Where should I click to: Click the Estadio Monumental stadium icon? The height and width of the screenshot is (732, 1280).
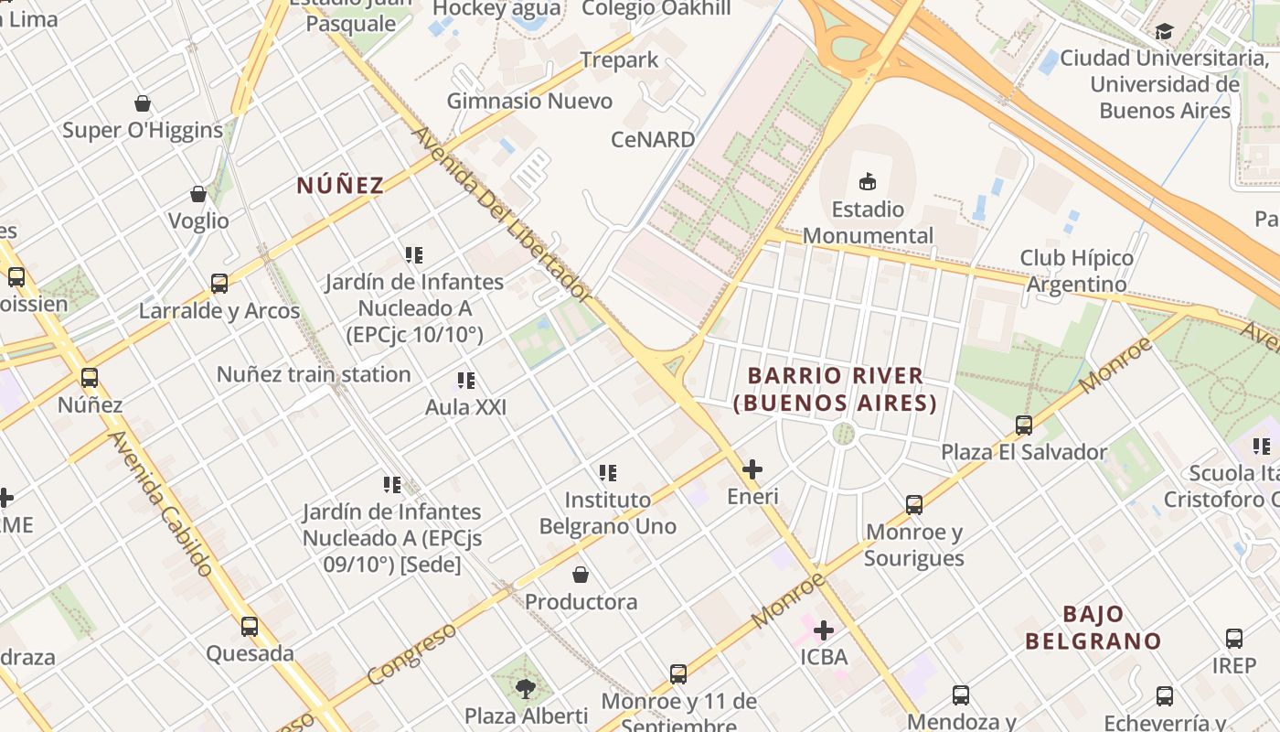pos(868,181)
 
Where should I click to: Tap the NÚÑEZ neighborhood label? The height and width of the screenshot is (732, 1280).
pos(340,186)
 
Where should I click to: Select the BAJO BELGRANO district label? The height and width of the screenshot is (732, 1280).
pos(1093,628)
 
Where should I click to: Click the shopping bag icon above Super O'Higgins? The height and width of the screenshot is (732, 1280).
pos(143,103)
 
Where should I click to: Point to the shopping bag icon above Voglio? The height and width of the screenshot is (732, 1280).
pos(198,194)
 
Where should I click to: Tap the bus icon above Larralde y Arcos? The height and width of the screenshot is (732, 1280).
pos(219,284)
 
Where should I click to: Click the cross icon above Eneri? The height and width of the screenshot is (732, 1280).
pos(752,470)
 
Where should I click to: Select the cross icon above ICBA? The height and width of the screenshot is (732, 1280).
pos(824,630)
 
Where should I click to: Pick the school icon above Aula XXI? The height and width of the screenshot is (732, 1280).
pos(466,381)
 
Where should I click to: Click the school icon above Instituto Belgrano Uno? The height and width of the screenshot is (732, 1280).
pos(608,473)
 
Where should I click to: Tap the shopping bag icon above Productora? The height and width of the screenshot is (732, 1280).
pos(581,575)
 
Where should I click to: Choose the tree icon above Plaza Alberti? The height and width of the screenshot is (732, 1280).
pos(526,688)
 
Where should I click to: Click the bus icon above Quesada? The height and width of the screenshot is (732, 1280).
pos(250,627)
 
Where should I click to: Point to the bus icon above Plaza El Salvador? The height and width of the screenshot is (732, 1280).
pos(1024,425)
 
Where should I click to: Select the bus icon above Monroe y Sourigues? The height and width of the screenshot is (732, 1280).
pos(914,505)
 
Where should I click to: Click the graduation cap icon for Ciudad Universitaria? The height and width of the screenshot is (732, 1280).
pos(1164,33)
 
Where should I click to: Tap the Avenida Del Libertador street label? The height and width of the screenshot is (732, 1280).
pos(502,215)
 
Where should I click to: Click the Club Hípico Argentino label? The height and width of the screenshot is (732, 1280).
pos(1077,271)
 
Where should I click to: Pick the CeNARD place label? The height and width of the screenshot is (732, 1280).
pos(653,140)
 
